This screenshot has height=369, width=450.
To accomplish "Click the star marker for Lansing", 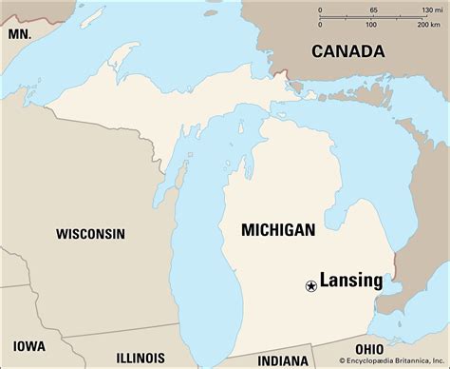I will pos(310,285).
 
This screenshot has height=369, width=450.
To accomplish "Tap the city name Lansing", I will pos(350,281).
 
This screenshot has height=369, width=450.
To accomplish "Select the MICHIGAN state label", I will pos(277,230).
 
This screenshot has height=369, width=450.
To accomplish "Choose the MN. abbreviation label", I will pos(20,33).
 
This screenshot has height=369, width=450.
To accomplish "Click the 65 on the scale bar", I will pos(373,10).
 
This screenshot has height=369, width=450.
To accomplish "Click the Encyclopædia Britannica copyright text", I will pos(384,362).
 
